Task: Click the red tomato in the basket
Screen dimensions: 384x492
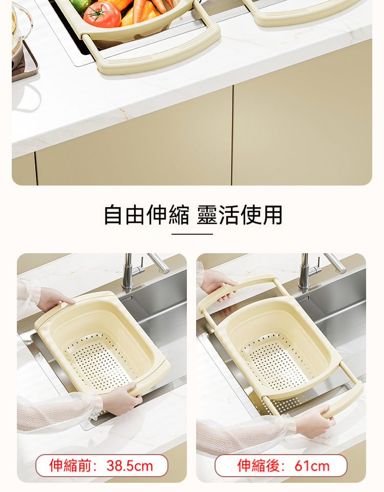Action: click(102, 14)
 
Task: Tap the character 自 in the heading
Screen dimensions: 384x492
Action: click(113, 215)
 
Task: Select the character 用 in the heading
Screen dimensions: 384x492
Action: click(273, 215)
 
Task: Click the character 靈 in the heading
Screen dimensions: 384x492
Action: click(207, 215)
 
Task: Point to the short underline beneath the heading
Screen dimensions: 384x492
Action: click(192, 234)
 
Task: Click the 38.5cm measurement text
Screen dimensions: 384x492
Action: click(130, 466)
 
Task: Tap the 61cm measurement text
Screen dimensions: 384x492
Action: click(312, 466)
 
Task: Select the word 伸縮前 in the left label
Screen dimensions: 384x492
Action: click(70, 466)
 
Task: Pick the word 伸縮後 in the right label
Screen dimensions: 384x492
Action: click(258, 466)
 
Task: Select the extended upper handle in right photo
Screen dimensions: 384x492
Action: click(235, 290)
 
